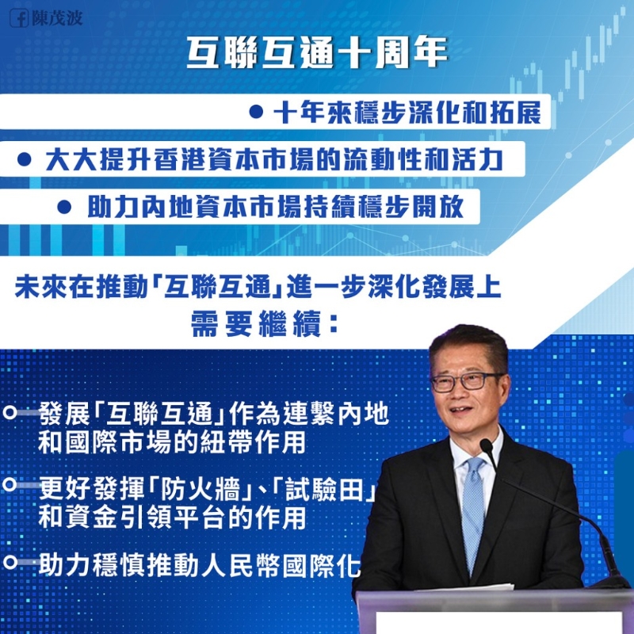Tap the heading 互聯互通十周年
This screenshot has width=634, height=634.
click(x=317, y=53)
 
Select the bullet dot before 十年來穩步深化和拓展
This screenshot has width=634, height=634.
click(x=256, y=113)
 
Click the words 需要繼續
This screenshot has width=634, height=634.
click(x=254, y=325)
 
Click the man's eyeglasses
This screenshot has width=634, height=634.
click(x=467, y=380)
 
